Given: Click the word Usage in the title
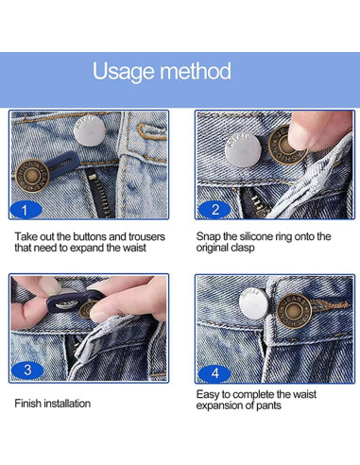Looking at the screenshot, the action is (x=125, y=72).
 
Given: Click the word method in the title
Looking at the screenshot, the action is (x=197, y=71).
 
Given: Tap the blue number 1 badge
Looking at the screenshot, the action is (x=26, y=210).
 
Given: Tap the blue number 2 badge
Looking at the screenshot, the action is (x=214, y=210).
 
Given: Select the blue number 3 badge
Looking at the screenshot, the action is (x=27, y=370).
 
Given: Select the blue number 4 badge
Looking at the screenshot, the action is (x=214, y=373).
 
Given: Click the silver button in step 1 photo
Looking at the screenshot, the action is (x=90, y=130).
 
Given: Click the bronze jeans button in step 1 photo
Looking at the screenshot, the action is (x=32, y=176).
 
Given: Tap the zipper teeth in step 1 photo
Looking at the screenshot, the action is (x=98, y=194).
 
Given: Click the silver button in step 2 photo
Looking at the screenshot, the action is (x=243, y=150).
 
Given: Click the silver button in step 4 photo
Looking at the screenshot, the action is (x=253, y=304).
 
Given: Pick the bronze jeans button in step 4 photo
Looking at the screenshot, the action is (x=294, y=312).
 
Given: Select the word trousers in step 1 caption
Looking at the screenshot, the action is (x=146, y=237).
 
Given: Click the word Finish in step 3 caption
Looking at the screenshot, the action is (x=28, y=404).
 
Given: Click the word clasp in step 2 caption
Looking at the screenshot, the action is (x=242, y=248).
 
